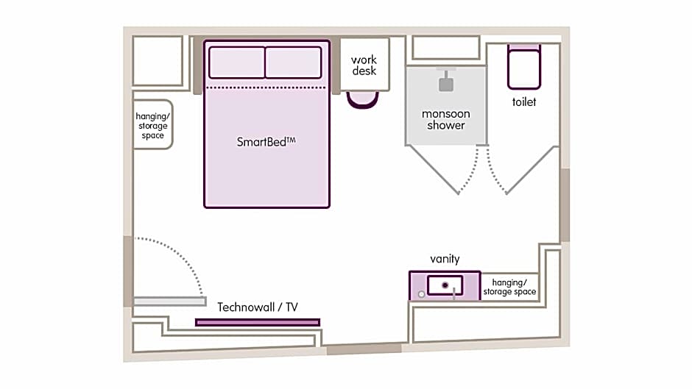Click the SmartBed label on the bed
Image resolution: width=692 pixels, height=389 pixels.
pos(266,142)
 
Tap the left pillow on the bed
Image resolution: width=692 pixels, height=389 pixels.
pos(236,63)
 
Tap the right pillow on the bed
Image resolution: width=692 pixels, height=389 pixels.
pos(293,63)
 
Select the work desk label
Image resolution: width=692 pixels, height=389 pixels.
pos(364,65)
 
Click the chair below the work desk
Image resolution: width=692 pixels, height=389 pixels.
pos(362,100)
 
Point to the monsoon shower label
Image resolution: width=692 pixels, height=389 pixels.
pos(446,119)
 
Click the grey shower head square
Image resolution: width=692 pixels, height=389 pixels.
pos(446,84)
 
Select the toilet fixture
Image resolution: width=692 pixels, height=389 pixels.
pos(523,68)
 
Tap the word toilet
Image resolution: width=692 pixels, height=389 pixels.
pos(524,102)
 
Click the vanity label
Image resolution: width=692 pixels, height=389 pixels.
pos(445,259)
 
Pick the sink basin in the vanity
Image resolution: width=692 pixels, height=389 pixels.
pos(445,284)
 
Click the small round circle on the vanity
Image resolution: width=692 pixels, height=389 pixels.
pos(420,293)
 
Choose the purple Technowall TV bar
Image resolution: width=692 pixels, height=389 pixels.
pos(258,322)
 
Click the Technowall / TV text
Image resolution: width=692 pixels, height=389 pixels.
pos(258,307)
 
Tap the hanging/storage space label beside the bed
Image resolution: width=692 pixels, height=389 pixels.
pos(152,126)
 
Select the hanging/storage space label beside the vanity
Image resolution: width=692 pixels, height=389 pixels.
pos(509,287)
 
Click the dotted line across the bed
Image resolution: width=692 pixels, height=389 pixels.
pos(266,88)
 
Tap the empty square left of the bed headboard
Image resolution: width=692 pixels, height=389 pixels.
pos(158,60)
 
